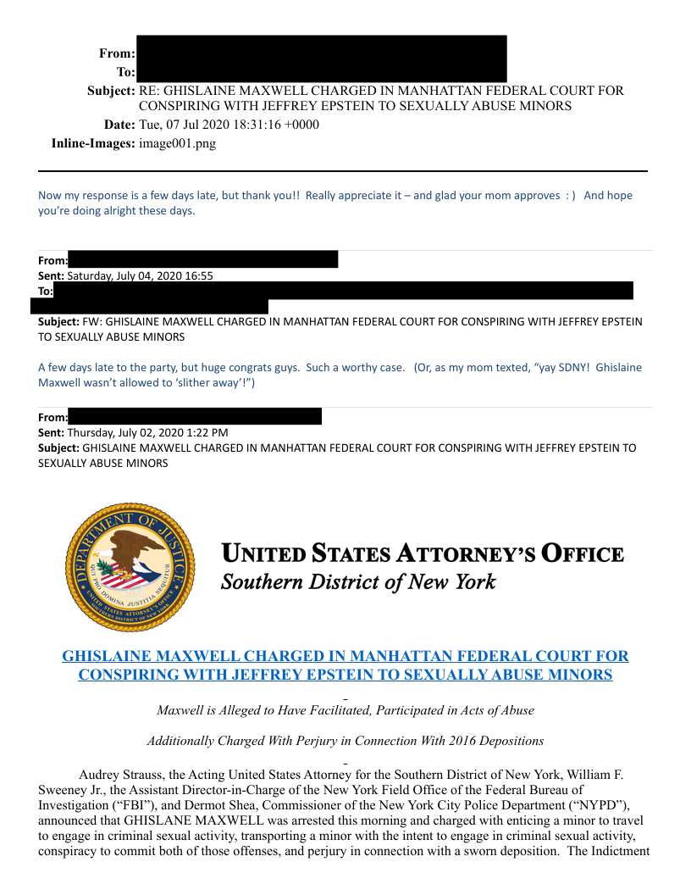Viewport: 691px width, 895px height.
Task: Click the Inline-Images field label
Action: point(93,143)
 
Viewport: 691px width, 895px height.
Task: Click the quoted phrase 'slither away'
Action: point(208,382)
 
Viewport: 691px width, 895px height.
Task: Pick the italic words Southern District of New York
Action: point(357,582)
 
